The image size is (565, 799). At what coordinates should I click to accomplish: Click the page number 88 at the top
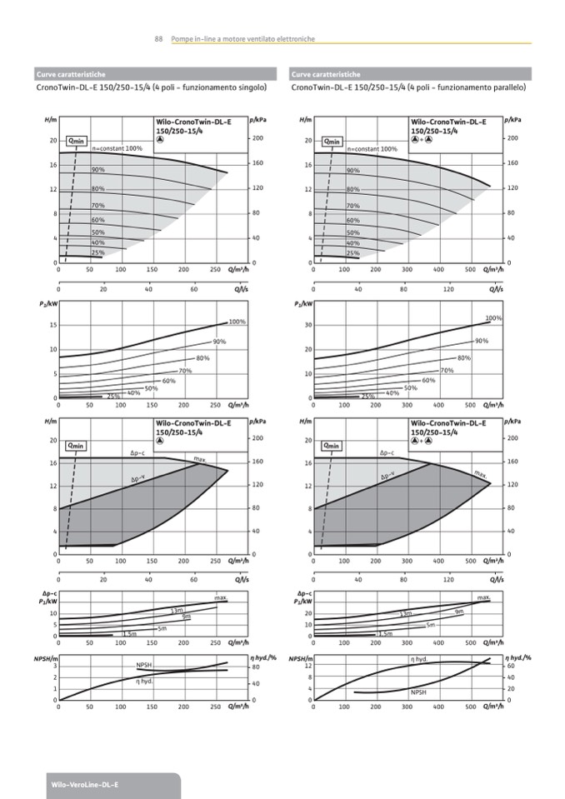pyautogui.click(x=158, y=39)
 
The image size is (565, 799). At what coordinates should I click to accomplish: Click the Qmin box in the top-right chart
pyautogui.click(x=332, y=141)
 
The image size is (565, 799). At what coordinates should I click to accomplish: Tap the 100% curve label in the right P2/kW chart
pyautogui.click(x=493, y=318)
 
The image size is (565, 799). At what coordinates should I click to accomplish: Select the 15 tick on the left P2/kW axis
pyautogui.click(x=52, y=325)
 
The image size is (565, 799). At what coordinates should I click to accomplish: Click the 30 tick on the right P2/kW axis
pyautogui.click(x=307, y=325)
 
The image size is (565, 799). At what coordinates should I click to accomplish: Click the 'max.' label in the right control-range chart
pyautogui.click(x=482, y=475)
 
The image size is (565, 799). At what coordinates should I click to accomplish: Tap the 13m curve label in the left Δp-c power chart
pyautogui.click(x=177, y=610)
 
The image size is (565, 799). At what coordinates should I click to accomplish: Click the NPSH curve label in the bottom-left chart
pyautogui.click(x=145, y=665)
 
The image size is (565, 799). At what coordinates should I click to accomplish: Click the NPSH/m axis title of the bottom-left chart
pyautogui.click(x=44, y=659)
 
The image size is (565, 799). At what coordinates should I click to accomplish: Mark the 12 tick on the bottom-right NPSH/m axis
pyautogui.click(x=307, y=666)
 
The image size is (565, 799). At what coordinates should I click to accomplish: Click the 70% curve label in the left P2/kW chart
pyautogui.click(x=185, y=371)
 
